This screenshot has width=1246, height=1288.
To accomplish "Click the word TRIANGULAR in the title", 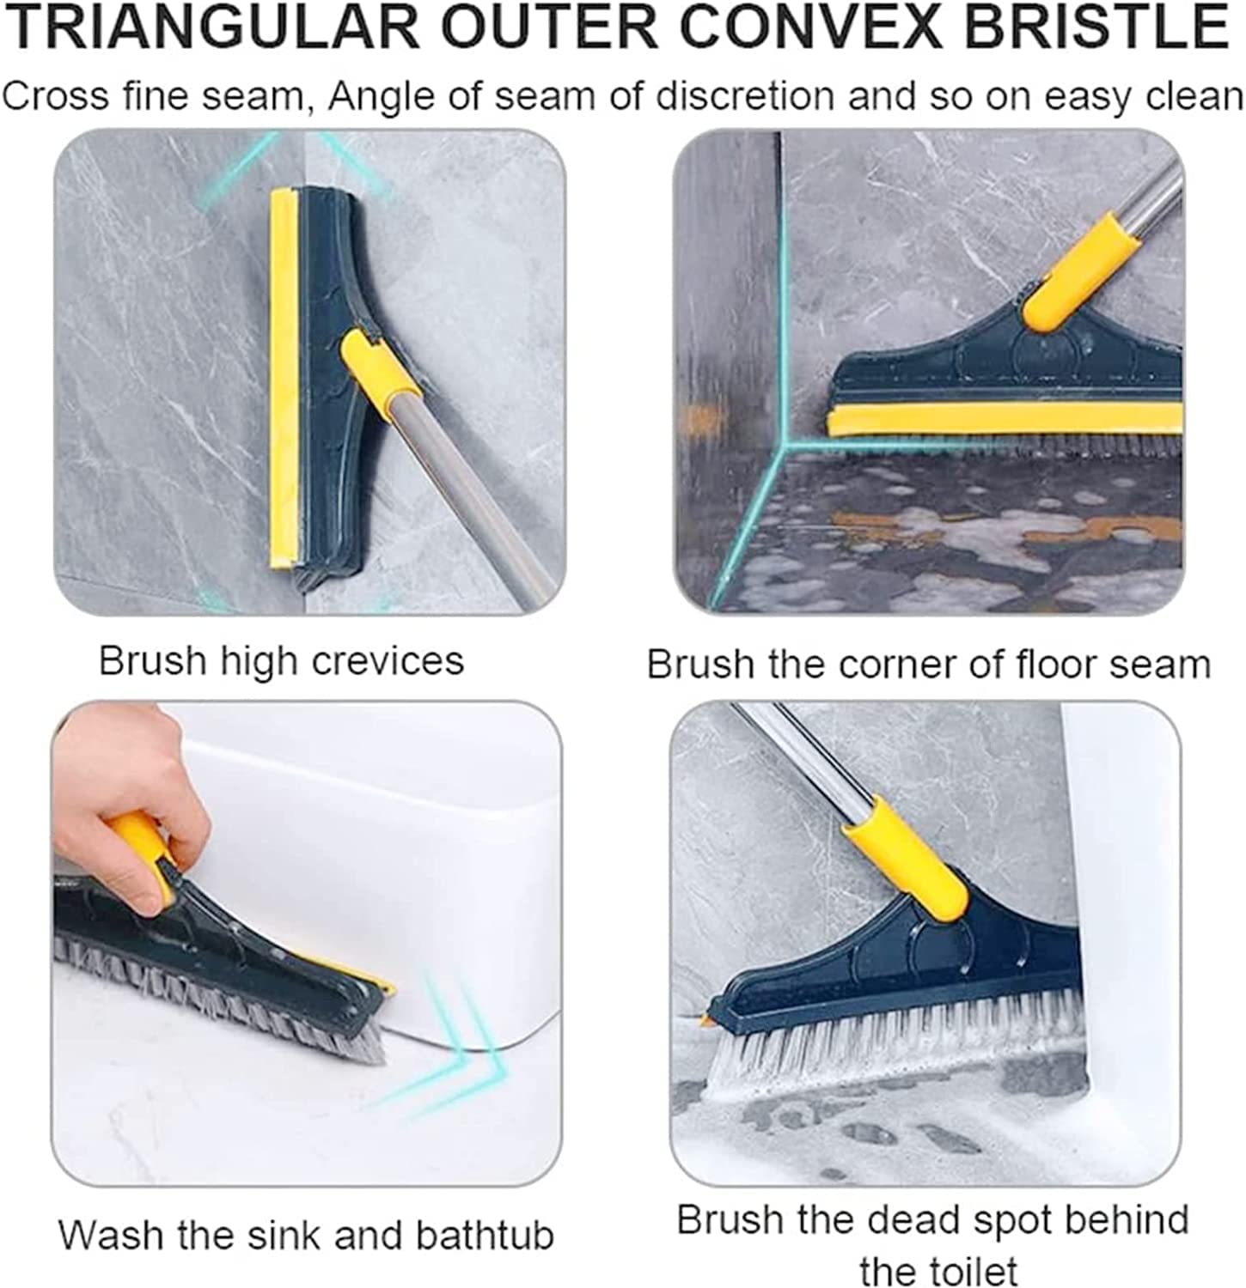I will coord(211,27).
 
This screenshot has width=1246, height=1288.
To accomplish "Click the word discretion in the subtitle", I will coord(744,96).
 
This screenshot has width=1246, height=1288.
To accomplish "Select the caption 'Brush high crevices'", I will coord(281,661).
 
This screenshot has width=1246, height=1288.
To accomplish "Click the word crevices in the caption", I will coord(388,661).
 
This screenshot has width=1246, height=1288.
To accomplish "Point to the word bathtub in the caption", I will coord(485,1235).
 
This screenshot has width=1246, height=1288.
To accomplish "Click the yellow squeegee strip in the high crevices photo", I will coord(283,378).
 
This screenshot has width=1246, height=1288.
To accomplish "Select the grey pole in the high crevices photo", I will coord(481,498).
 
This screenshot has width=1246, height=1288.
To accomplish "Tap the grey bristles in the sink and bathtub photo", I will coord(215,996).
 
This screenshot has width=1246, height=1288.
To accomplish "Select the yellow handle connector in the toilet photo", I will coord(907,859).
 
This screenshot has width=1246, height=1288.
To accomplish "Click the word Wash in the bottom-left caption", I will coord(112,1235).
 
